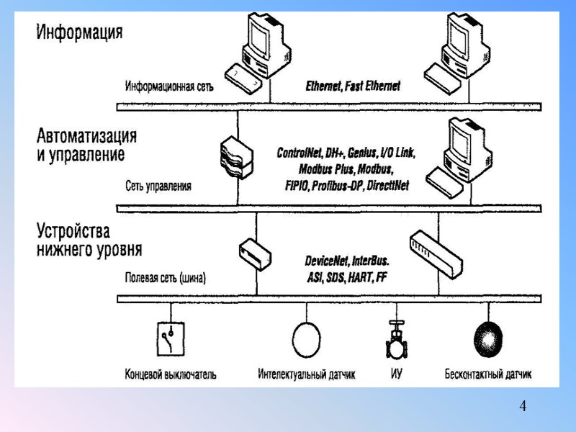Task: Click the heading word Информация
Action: tap(80, 32)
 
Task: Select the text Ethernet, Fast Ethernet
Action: tap(353, 86)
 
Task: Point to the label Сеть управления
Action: tap(158, 186)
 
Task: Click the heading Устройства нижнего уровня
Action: tap(89, 241)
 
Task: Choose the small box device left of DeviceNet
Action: tap(255, 251)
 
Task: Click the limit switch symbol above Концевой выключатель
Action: tap(170, 339)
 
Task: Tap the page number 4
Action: tap(523, 407)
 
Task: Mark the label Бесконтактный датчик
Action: tap(487, 375)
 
